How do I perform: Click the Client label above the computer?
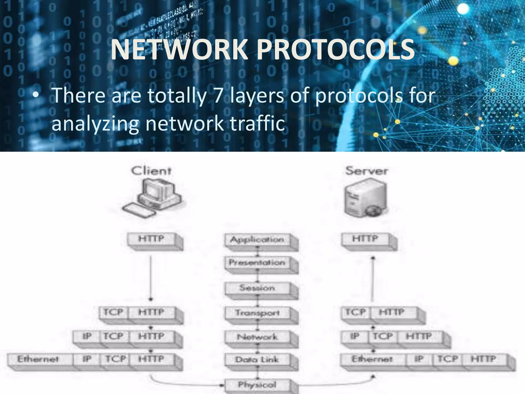[151, 171]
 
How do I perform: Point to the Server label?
[366, 171]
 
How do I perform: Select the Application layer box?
[257, 240]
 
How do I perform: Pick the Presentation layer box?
[257, 263]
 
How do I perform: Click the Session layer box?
[257, 288]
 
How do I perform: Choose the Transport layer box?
[257, 313]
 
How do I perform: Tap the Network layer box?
[257, 337]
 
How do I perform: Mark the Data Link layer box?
[257, 360]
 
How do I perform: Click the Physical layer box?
[257, 385]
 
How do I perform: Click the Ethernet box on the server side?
[372, 359]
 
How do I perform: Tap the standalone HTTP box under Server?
[365, 239]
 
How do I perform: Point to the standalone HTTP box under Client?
[151, 239]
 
